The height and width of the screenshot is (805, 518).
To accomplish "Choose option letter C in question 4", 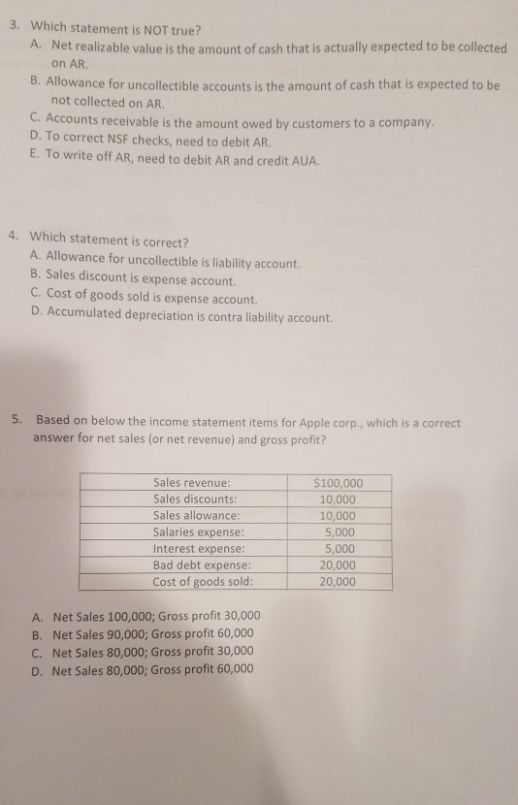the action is (x=36, y=299).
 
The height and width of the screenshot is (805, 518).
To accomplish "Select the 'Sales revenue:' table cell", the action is (x=192, y=482).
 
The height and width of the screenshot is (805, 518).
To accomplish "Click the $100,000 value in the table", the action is (x=339, y=482).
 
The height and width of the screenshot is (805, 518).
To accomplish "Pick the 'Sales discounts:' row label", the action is (x=196, y=499).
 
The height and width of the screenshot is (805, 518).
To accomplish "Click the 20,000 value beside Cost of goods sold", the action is (x=337, y=582).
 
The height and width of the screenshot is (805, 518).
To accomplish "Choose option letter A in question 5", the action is (x=36, y=616).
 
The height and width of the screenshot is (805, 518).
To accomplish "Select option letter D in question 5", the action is (x=36, y=668).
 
